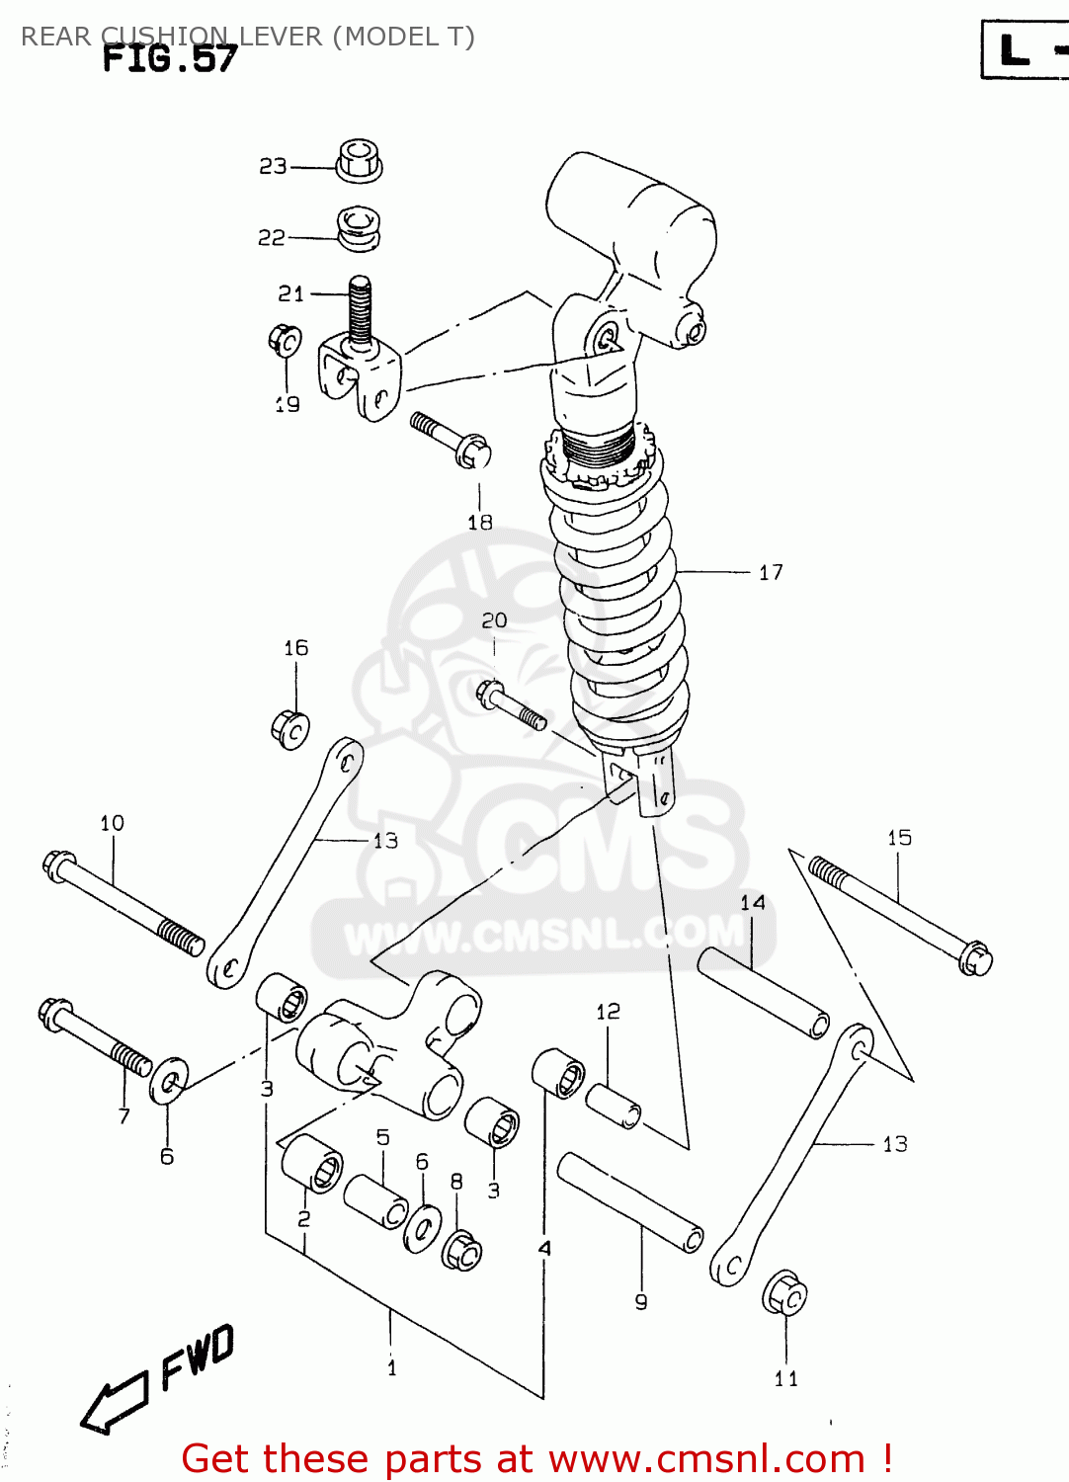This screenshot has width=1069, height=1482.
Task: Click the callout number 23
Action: click(273, 166)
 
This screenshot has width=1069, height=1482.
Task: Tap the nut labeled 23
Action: click(359, 161)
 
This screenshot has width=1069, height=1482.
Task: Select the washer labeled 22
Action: click(359, 228)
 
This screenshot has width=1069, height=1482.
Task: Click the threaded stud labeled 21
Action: click(361, 310)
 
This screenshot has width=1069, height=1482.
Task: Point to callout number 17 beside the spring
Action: click(771, 572)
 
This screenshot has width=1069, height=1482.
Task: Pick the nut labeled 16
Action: click(289, 729)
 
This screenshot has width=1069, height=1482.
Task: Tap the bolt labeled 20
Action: click(511, 705)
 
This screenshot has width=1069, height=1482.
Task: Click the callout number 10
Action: click(112, 823)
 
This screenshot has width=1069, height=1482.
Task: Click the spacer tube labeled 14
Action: click(764, 993)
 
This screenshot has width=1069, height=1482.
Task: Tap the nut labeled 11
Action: click(785, 1292)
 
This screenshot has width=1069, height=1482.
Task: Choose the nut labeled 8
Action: click(461, 1251)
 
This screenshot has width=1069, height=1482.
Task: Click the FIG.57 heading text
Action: click(170, 59)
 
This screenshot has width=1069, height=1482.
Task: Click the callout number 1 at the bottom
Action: click(392, 1368)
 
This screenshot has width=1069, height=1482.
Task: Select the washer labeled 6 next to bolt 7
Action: click(169, 1080)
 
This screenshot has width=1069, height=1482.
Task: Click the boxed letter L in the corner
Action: click(1016, 49)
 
